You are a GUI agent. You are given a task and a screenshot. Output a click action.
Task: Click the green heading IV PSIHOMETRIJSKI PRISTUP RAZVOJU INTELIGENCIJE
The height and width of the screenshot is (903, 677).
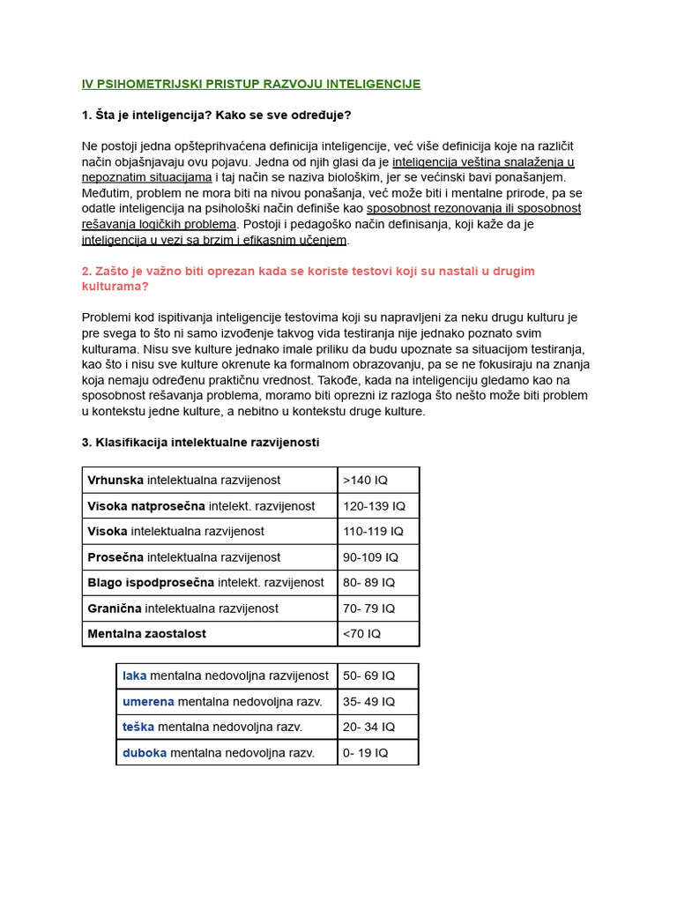pos(251,85)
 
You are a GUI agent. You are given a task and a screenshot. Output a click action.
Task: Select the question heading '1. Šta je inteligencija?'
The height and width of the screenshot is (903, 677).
pos(216,116)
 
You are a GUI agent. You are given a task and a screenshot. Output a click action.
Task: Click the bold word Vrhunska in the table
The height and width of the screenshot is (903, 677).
pos(115,481)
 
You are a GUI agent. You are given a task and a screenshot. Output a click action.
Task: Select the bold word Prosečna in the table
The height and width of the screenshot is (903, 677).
pos(115,557)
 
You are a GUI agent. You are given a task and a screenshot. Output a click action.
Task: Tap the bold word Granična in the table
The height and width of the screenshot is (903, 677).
pos(115,608)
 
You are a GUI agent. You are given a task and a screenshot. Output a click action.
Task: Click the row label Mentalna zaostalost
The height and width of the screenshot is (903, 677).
pos(146,634)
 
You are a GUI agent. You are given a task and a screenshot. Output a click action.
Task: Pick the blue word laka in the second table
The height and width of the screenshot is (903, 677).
pos(135,676)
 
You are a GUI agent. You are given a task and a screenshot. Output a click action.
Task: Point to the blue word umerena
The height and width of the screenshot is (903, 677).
pos(148,702)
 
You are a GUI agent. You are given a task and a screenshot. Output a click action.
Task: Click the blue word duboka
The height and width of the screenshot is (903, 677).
pos(145,753)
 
